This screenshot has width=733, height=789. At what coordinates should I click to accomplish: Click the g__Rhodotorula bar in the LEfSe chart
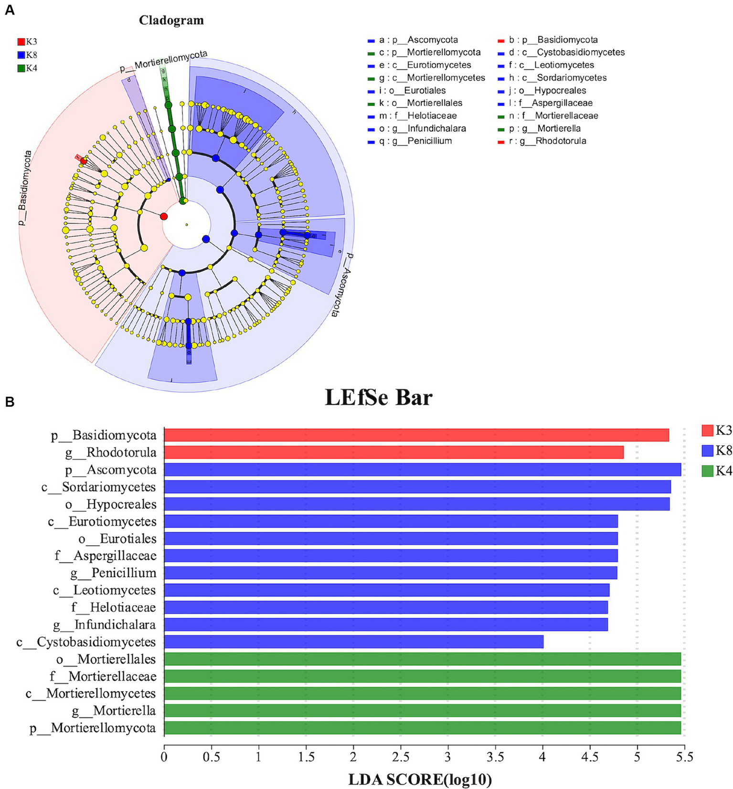[x=393, y=452]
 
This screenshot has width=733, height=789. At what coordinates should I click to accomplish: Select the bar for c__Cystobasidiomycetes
[x=353, y=642]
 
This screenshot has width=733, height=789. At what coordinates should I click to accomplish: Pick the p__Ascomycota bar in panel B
[x=422, y=470]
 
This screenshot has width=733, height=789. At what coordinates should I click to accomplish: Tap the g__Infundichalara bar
[x=386, y=624]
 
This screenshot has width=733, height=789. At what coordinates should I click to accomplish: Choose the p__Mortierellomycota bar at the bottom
[x=422, y=727]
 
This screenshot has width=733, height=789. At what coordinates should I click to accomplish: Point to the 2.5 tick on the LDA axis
[x=401, y=757]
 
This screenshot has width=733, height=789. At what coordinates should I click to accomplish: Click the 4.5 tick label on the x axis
[x=590, y=757]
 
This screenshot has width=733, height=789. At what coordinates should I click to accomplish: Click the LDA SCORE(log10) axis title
[x=420, y=779]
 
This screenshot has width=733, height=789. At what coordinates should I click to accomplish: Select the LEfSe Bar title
[x=379, y=397]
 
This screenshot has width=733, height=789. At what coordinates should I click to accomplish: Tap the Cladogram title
[x=171, y=20]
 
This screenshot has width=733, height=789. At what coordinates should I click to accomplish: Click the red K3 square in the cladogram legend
[x=21, y=42]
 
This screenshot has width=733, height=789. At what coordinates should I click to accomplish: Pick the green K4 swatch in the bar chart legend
[x=707, y=471]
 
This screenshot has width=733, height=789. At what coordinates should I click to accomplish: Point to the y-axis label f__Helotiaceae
[x=114, y=607]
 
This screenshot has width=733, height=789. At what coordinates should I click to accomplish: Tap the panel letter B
[x=10, y=402]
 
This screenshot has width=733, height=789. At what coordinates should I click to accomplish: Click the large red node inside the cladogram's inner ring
[x=164, y=216]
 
